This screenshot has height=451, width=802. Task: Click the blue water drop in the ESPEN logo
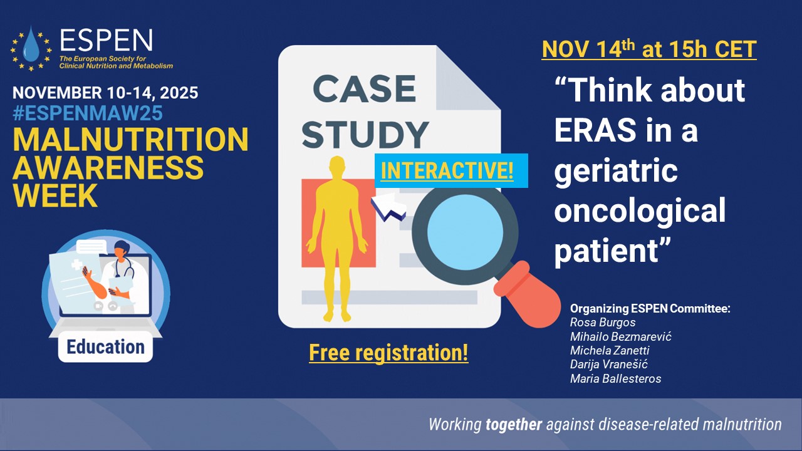(x=31, y=44)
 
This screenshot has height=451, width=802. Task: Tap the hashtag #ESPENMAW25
(x=88, y=113)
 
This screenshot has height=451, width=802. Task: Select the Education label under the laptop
(x=106, y=347)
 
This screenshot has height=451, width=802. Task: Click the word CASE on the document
(x=365, y=89)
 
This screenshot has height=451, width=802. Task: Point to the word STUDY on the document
(x=365, y=134)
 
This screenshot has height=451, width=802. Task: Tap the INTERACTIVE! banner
(x=451, y=170)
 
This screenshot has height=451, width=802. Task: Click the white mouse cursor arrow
(x=388, y=207)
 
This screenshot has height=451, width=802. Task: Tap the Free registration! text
(x=388, y=353)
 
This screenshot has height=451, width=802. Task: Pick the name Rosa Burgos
(x=603, y=322)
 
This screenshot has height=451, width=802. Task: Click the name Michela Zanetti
(x=610, y=350)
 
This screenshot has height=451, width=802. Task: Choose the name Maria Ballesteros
(x=615, y=378)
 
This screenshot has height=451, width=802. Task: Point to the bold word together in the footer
(x=513, y=425)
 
